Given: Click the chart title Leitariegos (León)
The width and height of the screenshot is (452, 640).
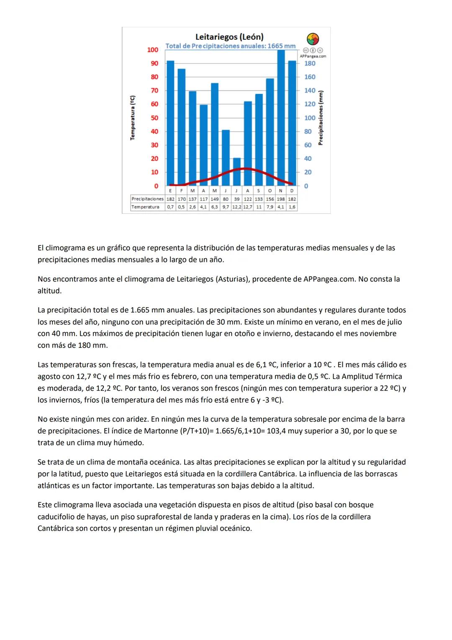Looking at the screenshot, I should pos(229,37).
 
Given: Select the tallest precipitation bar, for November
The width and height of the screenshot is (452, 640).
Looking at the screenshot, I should pos(281,117).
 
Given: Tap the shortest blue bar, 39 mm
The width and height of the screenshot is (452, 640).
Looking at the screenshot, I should pos(237,172).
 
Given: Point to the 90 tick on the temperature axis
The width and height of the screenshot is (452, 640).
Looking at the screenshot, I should pos(154,63).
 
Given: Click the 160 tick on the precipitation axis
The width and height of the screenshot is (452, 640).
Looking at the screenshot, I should pos(310,77).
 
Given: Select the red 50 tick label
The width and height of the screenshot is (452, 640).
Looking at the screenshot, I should pos(154,118).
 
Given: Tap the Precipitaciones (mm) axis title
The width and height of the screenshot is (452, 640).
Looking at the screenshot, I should pos(321,118).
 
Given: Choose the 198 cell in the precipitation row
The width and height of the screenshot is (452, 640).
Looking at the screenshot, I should pos(281,199).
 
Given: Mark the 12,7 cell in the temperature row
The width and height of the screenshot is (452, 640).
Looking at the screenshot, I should pos(248,207).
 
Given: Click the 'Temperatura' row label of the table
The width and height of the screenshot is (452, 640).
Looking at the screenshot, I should pos(145,207).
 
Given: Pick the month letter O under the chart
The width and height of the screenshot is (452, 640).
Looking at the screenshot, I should pos(270,191).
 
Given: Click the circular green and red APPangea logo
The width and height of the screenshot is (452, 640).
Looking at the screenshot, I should pos(313,39).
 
